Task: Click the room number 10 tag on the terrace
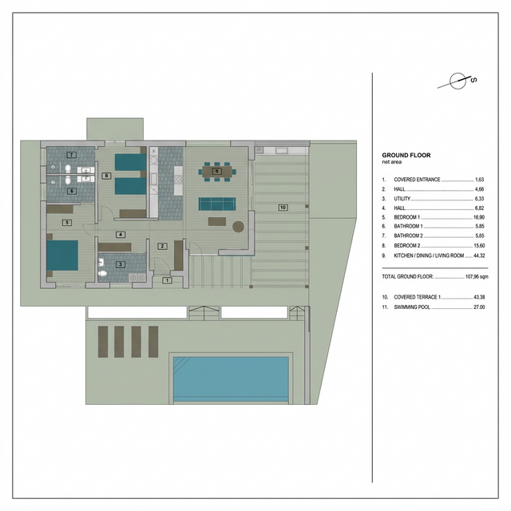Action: (x=283, y=208)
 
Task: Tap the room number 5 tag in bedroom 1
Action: (x=68, y=223)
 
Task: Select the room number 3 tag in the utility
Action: (x=121, y=263)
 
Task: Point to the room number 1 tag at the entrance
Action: (x=167, y=279)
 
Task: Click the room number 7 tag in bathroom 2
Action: (x=72, y=154)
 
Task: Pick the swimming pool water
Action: (x=231, y=378)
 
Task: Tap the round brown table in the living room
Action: (x=237, y=227)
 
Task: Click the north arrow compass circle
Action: (x=457, y=81)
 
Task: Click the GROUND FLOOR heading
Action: (x=407, y=155)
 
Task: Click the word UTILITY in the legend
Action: (x=401, y=199)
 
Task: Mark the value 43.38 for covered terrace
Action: (x=478, y=296)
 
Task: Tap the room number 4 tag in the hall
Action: (x=121, y=235)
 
